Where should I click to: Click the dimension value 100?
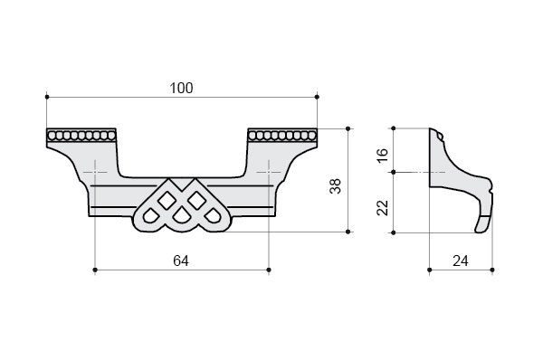click(181, 88)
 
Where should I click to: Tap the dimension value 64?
click(181, 261)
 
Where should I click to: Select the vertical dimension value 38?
click(336, 186)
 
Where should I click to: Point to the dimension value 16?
click(383, 156)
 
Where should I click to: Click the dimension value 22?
click(383, 208)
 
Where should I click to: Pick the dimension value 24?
click(461, 261)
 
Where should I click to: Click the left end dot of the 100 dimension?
click(47, 97)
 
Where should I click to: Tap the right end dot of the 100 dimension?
click(318, 97)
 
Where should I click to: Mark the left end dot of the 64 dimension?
click(95, 270)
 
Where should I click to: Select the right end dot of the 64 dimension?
click(269, 270)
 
